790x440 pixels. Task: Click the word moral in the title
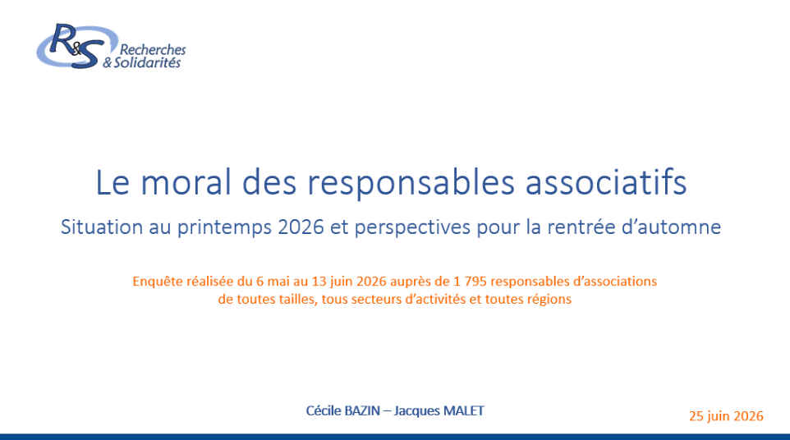click(186, 181)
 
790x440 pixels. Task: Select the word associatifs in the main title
click(606, 181)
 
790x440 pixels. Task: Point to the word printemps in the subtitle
click(225, 227)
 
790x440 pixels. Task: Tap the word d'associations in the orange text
click(615, 281)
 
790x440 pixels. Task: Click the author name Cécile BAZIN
click(343, 410)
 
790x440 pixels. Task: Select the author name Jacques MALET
click(439, 410)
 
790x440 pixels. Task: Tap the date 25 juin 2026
click(726, 416)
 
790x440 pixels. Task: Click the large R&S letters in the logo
click(76, 46)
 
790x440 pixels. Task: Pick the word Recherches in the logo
click(153, 50)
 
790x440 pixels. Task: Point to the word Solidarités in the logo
click(147, 62)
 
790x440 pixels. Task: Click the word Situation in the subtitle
click(101, 227)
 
